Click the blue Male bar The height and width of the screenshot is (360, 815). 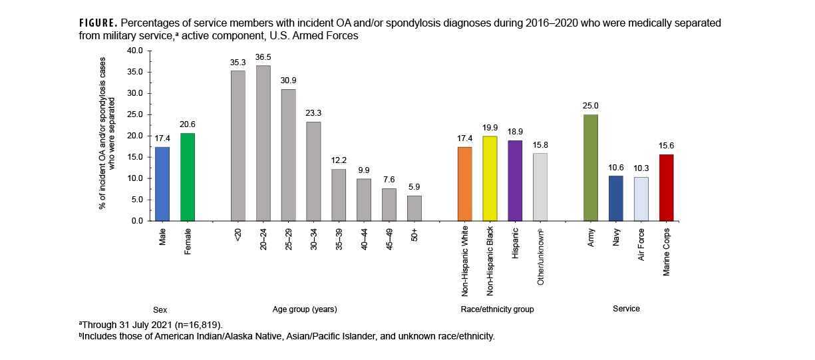click(162, 184)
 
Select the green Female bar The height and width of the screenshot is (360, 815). click(188, 177)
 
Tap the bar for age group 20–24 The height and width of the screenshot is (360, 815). click(263, 143)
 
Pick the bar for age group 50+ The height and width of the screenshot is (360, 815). click(414, 208)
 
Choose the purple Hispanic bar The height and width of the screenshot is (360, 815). click(516, 180)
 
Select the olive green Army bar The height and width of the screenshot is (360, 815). click(591, 167)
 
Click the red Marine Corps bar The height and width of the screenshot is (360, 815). click(666, 187)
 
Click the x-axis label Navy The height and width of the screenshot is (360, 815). click(617, 239)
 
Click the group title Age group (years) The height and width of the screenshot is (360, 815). click(305, 309)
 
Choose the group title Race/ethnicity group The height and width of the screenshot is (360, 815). click(497, 309)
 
